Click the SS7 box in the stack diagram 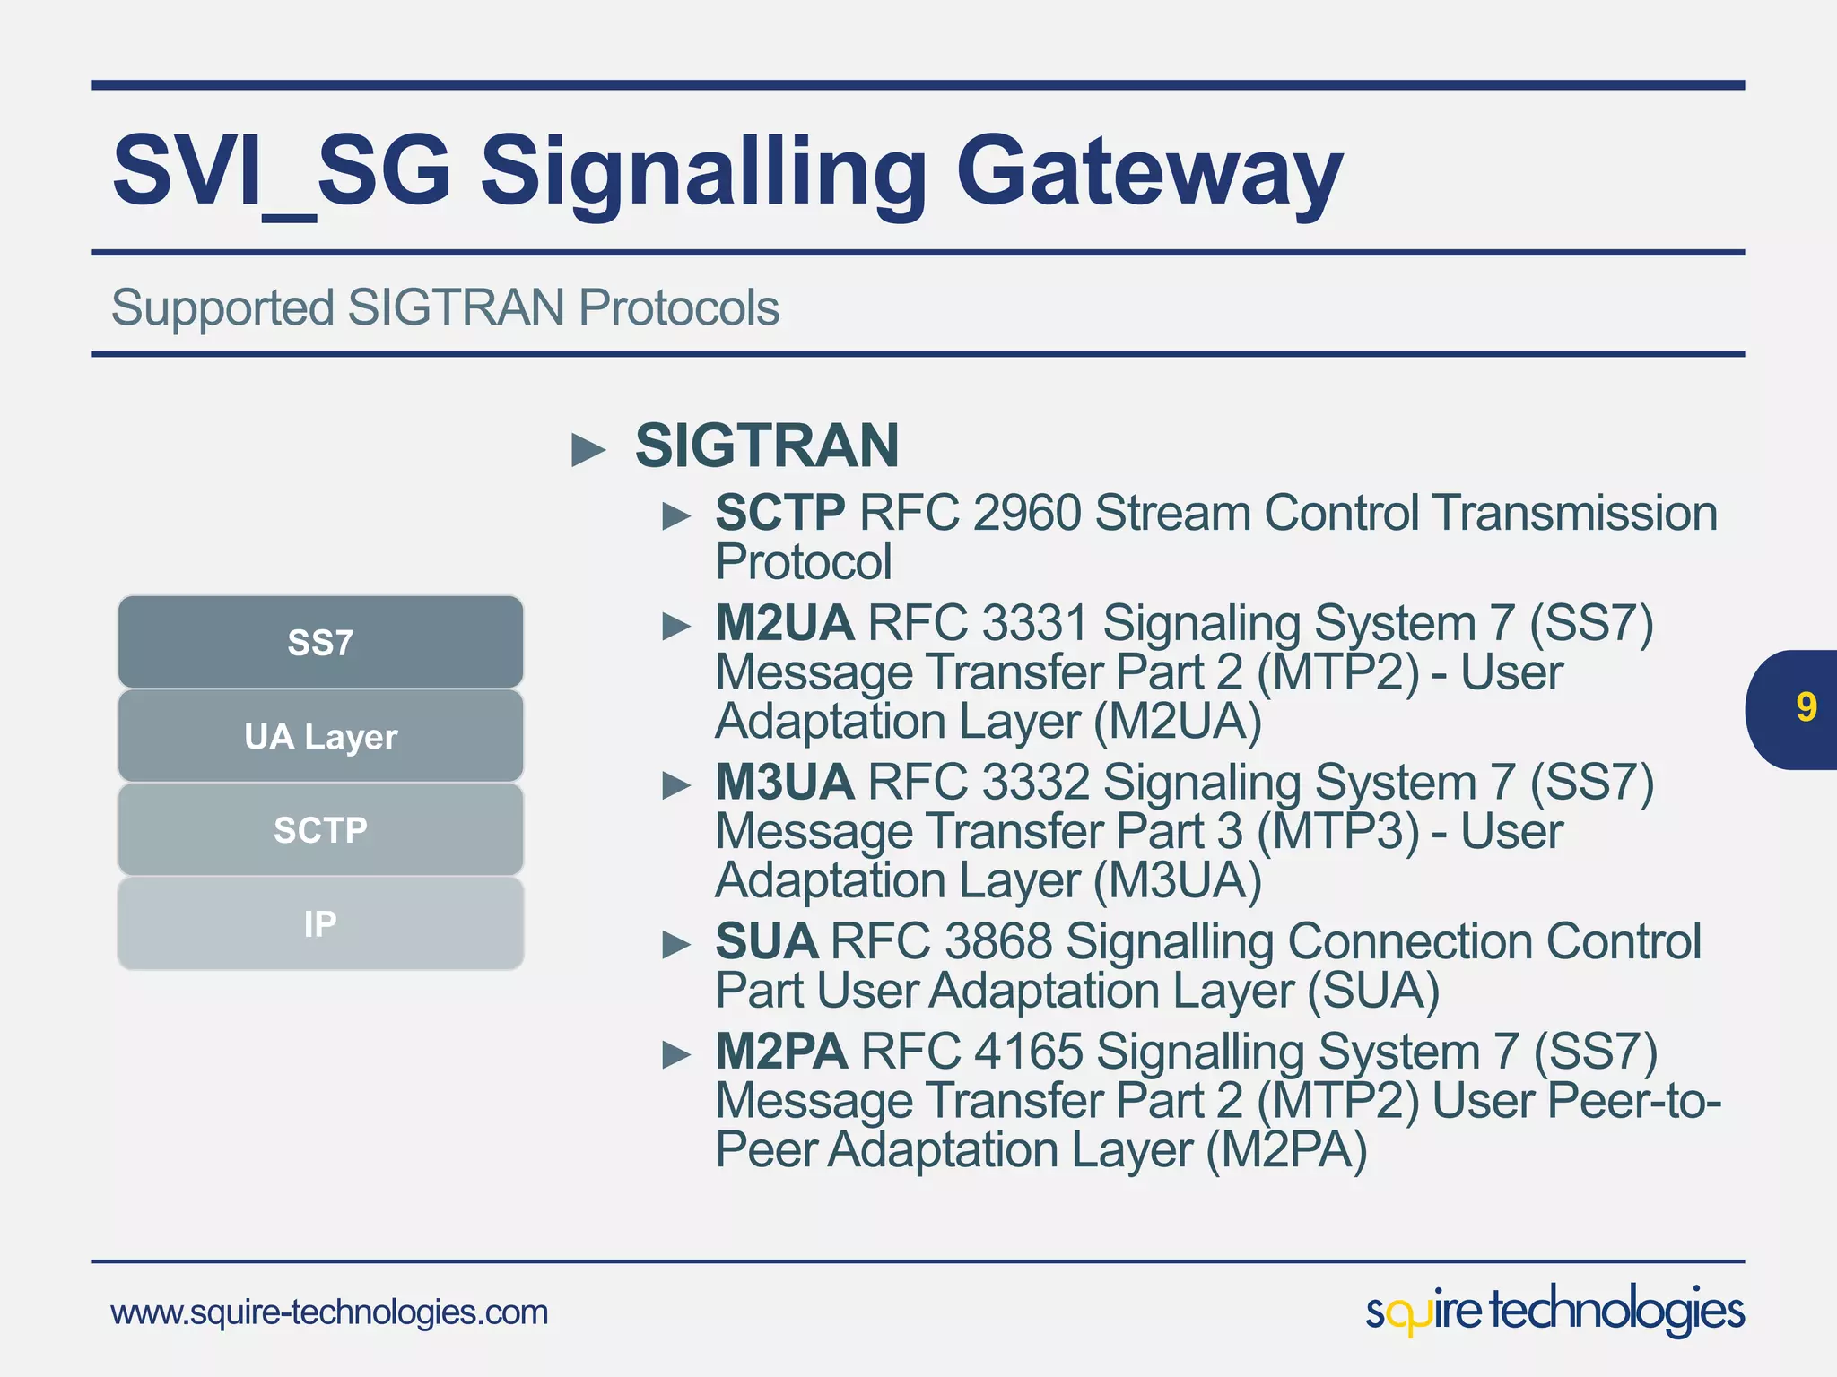[x=320, y=642]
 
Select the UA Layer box [x=320, y=736]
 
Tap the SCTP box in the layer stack [x=320, y=829]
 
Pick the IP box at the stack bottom [x=320, y=923]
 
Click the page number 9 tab [x=1804, y=708]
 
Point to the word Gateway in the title [x=1148, y=170]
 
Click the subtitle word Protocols [x=678, y=307]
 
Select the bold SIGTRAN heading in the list [x=767, y=446]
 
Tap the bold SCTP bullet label [x=779, y=513]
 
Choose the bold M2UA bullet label [x=784, y=623]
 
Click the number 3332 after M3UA [x=1035, y=782]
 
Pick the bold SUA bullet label [x=765, y=941]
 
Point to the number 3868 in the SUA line [x=997, y=941]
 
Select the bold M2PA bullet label [x=780, y=1051]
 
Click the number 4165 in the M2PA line [x=1028, y=1051]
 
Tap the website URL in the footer [x=329, y=1312]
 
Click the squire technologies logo [x=1554, y=1311]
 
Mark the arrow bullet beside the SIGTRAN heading [x=588, y=449]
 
